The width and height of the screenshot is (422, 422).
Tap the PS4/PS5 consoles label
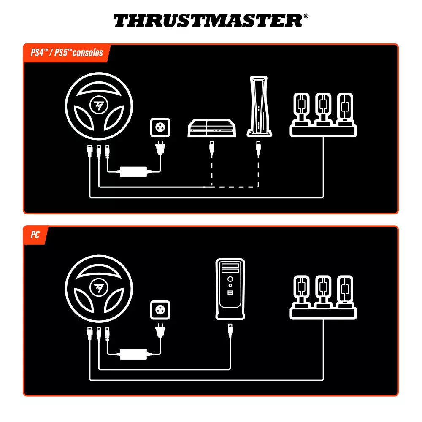click(x=67, y=53)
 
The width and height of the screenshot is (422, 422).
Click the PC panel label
click(x=35, y=235)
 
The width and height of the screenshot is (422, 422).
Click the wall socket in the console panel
click(x=160, y=127)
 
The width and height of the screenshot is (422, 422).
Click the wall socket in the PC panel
click(x=160, y=310)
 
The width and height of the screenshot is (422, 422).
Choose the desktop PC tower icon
click(x=230, y=289)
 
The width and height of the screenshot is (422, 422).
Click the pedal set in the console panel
click(x=323, y=114)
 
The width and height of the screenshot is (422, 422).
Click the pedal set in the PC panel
click(x=323, y=297)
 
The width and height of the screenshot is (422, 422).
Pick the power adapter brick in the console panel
click(x=133, y=171)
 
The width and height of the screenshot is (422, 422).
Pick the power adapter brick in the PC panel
click(x=133, y=354)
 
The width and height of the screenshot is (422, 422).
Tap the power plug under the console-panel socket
click(x=160, y=149)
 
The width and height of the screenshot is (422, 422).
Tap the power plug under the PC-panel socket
click(x=160, y=331)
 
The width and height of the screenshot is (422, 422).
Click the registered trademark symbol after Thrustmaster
click(x=306, y=16)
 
